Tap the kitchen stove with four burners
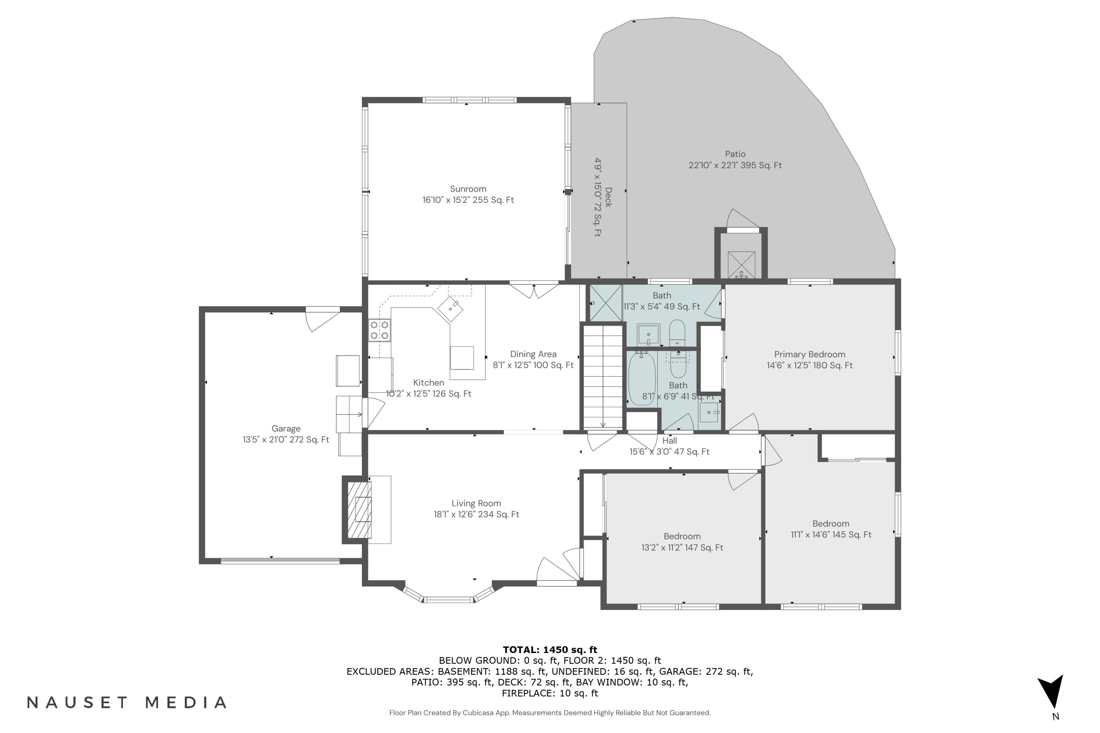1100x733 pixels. (379, 330)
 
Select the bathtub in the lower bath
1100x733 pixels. (642, 379)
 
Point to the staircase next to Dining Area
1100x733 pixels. (603, 377)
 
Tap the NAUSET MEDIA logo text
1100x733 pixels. (127, 703)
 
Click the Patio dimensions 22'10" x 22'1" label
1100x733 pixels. (735, 165)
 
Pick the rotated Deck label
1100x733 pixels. (603, 197)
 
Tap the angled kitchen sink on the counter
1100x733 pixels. (450, 309)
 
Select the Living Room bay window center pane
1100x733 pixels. (448, 600)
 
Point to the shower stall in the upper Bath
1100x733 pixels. (605, 303)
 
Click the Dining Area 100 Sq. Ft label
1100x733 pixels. (533, 365)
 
